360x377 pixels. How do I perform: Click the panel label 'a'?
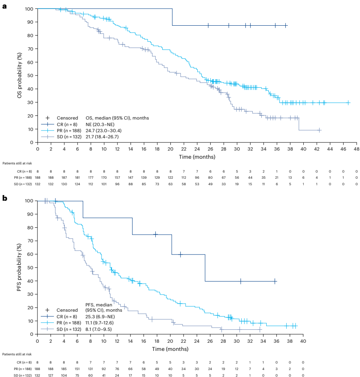coord(4,7)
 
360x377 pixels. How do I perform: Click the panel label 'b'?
coord(4,198)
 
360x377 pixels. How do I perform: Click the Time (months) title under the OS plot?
coord(197,157)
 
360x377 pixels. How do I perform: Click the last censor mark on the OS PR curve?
coord(349,102)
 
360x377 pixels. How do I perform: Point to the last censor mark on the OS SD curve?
coord(319,130)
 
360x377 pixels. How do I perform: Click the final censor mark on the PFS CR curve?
coord(275,281)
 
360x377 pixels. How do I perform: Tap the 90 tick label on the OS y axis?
coord(30,22)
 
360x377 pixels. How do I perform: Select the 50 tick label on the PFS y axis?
coord(30,268)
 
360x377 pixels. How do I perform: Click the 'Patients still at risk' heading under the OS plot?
coord(17,163)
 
